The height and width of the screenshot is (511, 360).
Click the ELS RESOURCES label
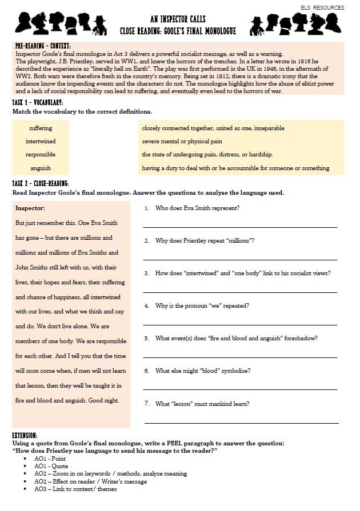[x=322, y=7]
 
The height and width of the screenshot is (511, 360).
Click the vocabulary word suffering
[x=41, y=128]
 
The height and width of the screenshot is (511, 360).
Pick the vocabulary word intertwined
[x=41, y=141]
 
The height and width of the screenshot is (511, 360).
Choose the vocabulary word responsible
[x=41, y=154]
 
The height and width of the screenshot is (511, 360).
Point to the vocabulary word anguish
[x=41, y=168]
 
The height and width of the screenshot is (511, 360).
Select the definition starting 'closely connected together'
[x=213, y=128]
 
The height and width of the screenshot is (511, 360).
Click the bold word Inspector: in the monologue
[x=30, y=208]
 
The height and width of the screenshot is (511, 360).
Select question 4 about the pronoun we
[x=202, y=305]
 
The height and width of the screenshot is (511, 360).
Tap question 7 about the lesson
[x=202, y=404]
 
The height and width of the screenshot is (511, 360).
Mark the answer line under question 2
[x=240, y=260]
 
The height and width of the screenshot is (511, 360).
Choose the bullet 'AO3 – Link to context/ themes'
[x=75, y=489]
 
